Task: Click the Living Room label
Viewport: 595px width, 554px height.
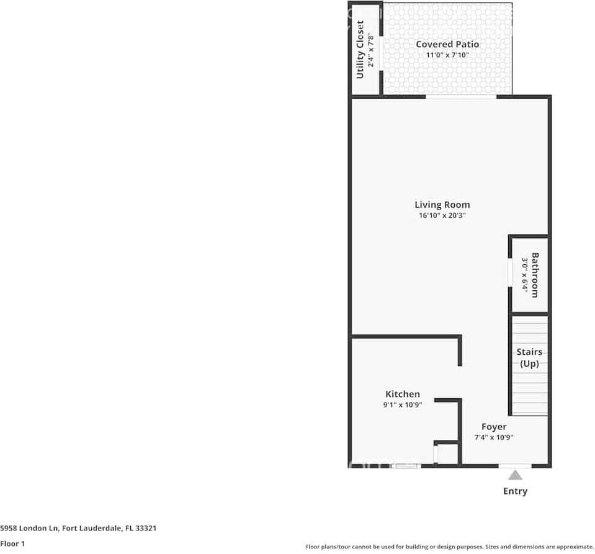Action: click(x=442, y=205)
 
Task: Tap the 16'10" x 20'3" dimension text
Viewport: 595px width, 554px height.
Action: click(x=442, y=216)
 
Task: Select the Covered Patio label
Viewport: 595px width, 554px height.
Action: click(x=447, y=44)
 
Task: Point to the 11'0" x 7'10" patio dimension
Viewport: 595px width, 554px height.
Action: click(x=447, y=55)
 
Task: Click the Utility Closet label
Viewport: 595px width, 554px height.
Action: click(x=360, y=50)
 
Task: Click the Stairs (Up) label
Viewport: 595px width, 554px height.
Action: click(x=529, y=357)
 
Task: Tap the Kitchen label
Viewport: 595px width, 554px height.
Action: click(x=403, y=394)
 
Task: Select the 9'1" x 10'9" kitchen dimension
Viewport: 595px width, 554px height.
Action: click(x=403, y=405)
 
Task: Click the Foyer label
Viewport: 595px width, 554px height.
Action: click(x=494, y=427)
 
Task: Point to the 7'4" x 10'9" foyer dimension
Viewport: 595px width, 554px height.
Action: click(x=494, y=437)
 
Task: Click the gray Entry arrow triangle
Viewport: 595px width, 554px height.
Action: click(x=515, y=476)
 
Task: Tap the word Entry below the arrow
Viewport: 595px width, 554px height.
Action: click(x=515, y=491)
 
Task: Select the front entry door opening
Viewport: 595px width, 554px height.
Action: click(x=515, y=465)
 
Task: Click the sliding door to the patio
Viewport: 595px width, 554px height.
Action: click(x=460, y=96)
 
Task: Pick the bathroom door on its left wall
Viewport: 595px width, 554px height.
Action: click(x=509, y=273)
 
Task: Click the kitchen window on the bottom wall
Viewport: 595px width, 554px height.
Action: click(x=408, y=465)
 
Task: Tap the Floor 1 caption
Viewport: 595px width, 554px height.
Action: click(x=13, y=543)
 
